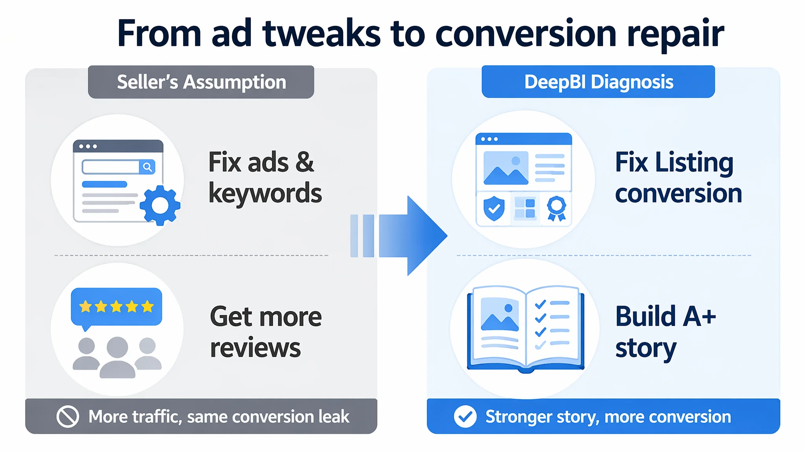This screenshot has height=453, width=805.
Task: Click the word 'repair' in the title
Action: [x=675, y=35]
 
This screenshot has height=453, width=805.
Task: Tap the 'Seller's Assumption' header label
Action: [x=201, y=82]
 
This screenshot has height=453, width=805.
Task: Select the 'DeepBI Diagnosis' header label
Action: [x=598, y=81]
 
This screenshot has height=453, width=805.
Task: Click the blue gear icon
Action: [x=160, y=205]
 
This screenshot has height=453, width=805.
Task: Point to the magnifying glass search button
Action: [x=147, y=167]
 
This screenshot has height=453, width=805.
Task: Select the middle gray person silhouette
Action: [x=118, y=357]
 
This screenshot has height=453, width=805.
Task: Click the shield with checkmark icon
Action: [x=494, y=208]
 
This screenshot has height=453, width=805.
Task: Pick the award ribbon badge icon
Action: [x=557, y=208]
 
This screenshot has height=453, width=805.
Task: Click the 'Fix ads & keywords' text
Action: [x=265, y=177]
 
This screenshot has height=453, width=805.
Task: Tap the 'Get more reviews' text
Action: [x=266, y=332]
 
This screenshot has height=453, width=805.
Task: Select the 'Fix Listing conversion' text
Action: [x=678, y=177]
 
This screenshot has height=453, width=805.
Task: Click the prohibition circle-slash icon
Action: [x=68, y=416]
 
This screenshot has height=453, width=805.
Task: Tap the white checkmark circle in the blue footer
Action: [x=465, y=416]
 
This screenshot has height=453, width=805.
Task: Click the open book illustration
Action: [x=526, y=329]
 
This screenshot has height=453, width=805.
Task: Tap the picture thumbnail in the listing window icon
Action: [x=506, y=168]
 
